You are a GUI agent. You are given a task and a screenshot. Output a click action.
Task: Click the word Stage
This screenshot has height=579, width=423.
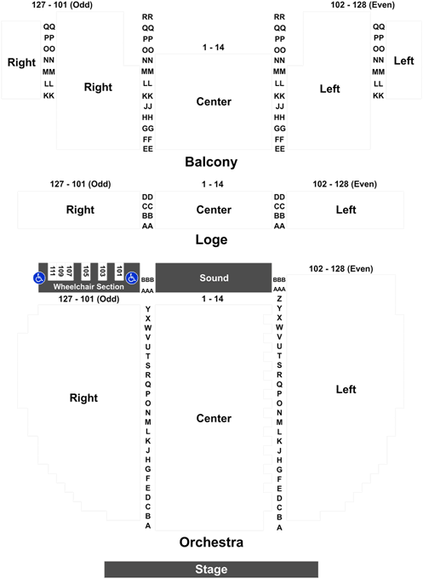coord(211,570)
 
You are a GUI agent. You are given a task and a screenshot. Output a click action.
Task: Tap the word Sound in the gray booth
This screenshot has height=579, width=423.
coord(214,278)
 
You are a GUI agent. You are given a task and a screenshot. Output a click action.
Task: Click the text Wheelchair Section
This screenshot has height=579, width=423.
coord(89,287)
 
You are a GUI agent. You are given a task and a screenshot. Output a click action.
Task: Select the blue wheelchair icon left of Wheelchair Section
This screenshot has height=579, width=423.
coord(39,278)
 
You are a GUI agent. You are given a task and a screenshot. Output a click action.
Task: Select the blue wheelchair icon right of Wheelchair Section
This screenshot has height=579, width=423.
coord(132,278)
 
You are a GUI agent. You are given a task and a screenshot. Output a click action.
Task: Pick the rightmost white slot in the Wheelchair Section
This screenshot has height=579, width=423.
coord(119,271)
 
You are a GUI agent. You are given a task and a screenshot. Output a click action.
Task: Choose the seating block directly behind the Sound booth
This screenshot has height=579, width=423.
coord(213,209)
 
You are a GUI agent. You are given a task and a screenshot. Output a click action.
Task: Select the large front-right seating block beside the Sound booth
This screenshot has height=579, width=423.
coord(345,390)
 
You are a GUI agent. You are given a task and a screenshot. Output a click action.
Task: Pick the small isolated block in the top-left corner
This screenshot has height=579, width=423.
coord(21,60)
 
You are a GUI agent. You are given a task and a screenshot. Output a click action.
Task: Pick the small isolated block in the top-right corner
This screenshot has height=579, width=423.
coord(403,60)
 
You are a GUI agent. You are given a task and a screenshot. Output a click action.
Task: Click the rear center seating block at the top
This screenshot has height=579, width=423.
coord(213,101)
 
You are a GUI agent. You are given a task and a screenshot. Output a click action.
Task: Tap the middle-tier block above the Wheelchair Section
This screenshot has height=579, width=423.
coord(79,209)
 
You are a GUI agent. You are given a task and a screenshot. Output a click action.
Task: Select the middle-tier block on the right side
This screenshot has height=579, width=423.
coord(345,209)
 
